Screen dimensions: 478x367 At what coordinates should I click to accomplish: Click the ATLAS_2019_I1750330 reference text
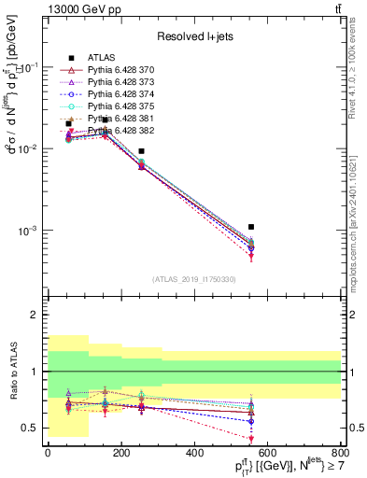(x=194, y=279)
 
